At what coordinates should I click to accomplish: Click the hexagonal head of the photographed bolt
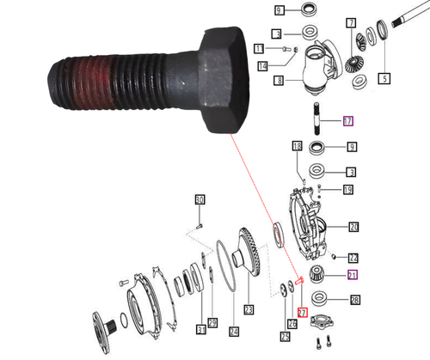[x=225, y=82]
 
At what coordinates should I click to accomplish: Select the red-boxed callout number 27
[x=301, y=311]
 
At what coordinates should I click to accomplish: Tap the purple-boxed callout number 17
[x=347, y=121]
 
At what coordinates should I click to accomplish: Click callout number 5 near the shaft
[x=384, y=78]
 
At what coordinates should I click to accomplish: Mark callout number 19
[x=347, y=190]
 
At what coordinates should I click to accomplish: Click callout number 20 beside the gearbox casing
[x=353, y=228]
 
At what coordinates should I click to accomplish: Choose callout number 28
[x=354, y=300]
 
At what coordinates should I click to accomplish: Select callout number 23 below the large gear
[x=249, y=309]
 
